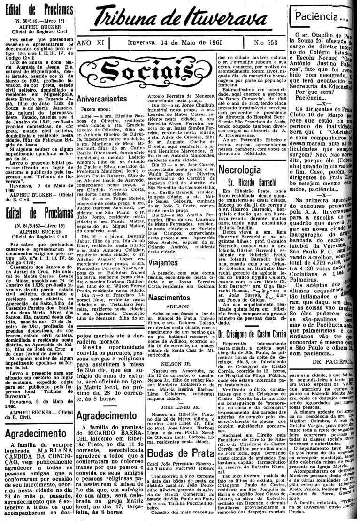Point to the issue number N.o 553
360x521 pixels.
click(x=264, y=43)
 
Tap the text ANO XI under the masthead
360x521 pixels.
click(x=90, y=43)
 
